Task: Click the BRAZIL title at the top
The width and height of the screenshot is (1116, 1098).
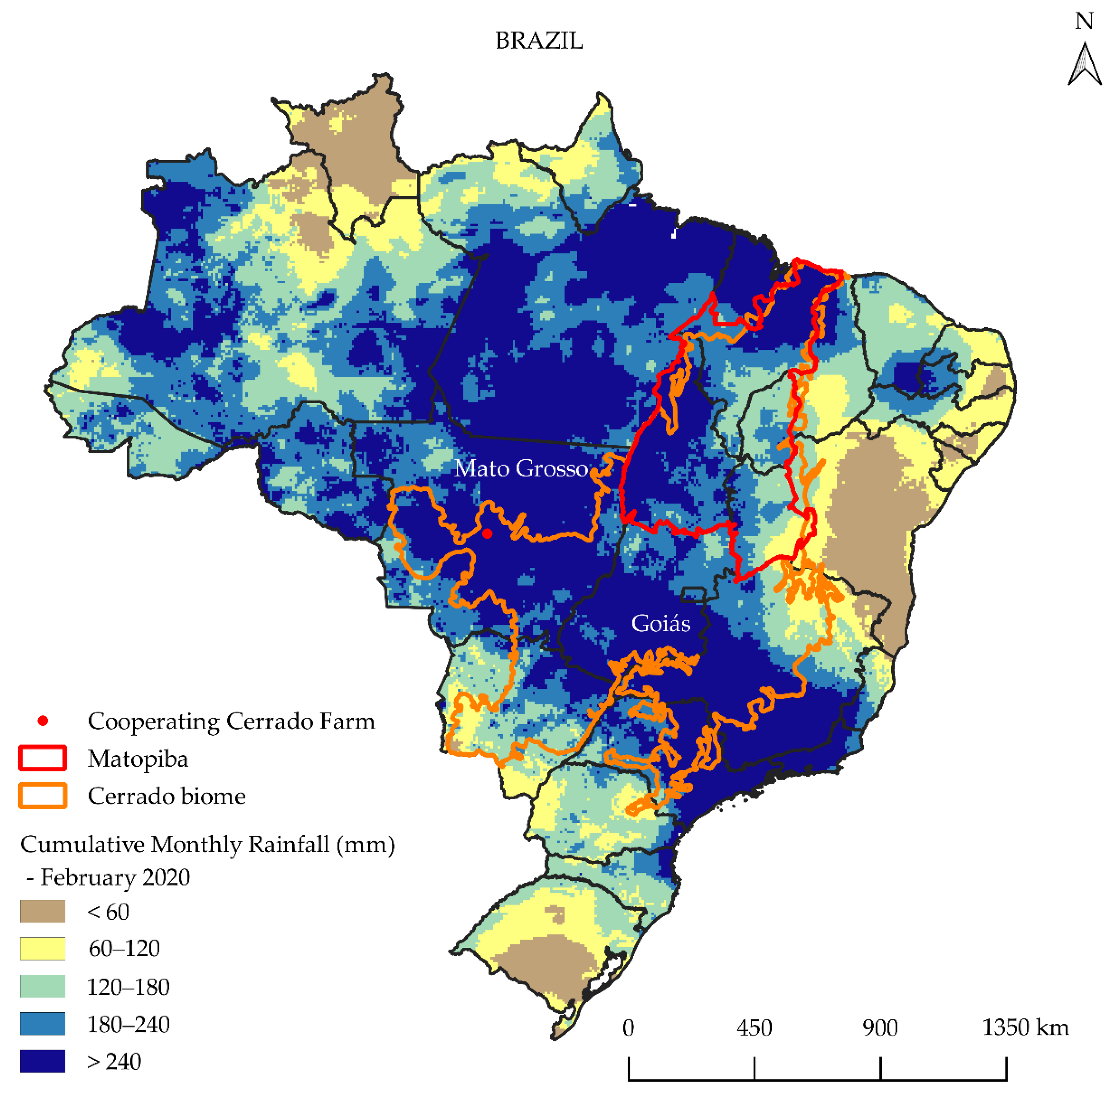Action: [x=538, y=41]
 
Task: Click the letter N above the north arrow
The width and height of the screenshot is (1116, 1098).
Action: [x=1084, y=21]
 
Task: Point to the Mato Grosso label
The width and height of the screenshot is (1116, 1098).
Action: [x=521, y=468]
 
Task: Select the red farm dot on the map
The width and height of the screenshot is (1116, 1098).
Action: [x=487, y=534]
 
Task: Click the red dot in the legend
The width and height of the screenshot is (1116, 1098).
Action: [x=43, y=721]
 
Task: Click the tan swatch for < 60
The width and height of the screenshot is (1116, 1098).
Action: [x=43, y=912]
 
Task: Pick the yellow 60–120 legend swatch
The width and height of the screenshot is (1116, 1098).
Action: [x=43, y=949]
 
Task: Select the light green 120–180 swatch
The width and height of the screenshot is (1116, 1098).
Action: [x=43, y=987]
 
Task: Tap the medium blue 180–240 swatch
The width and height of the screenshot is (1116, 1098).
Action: [x=43, y=1024]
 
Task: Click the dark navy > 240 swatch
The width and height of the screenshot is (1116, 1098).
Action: [x=43, y=1062]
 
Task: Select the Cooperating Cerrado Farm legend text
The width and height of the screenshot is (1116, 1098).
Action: [x=231, y=721]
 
